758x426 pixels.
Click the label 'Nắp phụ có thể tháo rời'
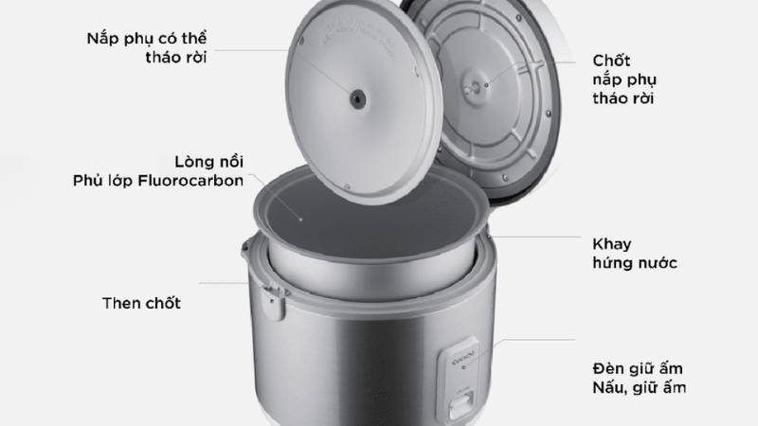tap(147, 47)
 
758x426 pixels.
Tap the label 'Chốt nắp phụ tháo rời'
tap(624, 80)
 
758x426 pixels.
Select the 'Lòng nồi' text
tap(208, 161)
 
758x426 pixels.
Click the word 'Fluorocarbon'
tap(190, 181)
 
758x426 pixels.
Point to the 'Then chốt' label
tap(141, 303)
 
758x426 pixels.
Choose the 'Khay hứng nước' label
tap(635, 253)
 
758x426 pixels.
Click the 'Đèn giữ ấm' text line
tap(638, 368)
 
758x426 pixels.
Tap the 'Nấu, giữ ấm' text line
tap(639, 387)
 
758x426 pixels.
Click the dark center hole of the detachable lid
tap(358, 99)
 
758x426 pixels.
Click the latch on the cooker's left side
tap(273, 302)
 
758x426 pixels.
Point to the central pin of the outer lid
tap(470, 89)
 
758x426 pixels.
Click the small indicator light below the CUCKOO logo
tap(464, 368)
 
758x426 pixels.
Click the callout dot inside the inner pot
tap(300, 220)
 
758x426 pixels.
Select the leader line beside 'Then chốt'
tap(224, 283)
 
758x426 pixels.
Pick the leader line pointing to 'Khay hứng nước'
tap(535, 237)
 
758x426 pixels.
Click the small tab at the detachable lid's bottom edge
tap(347, 186)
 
